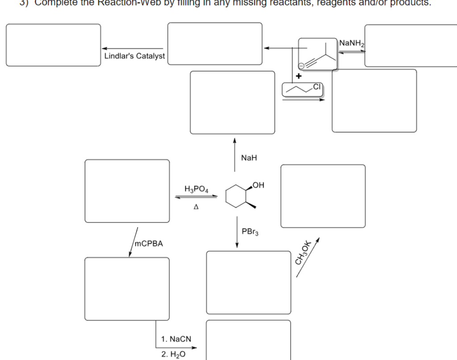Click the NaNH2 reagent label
pyautogui.click(x=352, y=43)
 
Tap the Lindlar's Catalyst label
pyautogui.click(x=134, y=56)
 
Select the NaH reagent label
pyautogui.click(x=249, y=158)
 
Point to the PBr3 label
pyautogui.click(x=249, y=232)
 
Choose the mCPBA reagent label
pyautogui.click(x=149, y=244)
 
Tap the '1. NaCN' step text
pyautogui.click(x=176, y=339)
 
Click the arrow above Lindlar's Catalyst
pyautogui.click(x=133, y=48)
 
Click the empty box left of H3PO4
pyautogui.click(x=127, y=191)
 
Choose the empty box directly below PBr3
pyautogui.click(x=248, y=282)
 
